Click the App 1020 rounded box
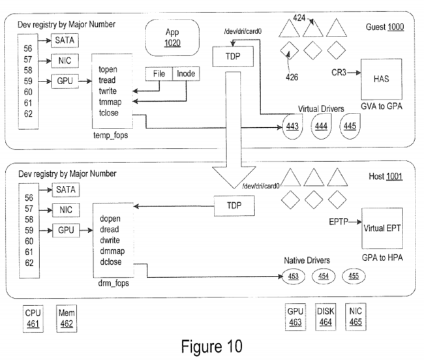[x=172, y=38]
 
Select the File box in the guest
[x=159, y=74]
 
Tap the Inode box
[x=186, y=74]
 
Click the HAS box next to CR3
[x=382, y=79]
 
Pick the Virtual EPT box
[x=382, y=228]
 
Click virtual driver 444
[x=321, y=127]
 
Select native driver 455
[x=354, y=277]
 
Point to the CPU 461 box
[x=33, y=319]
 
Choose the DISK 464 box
[x=326, y=317]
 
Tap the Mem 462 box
[x=67, y=318]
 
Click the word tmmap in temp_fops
[x=110, y=102]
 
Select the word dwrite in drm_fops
[x=110, y=240]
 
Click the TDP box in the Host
[x=234, y=206]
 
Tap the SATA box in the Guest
[x=65, y=40]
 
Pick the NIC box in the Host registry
[x=66, y=210]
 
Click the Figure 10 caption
[x=212, y=346]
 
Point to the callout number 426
[x=292, y=78]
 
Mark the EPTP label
[x=339, y=222]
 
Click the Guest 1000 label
[x=385, y=27]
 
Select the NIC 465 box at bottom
[x=356, y=316]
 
